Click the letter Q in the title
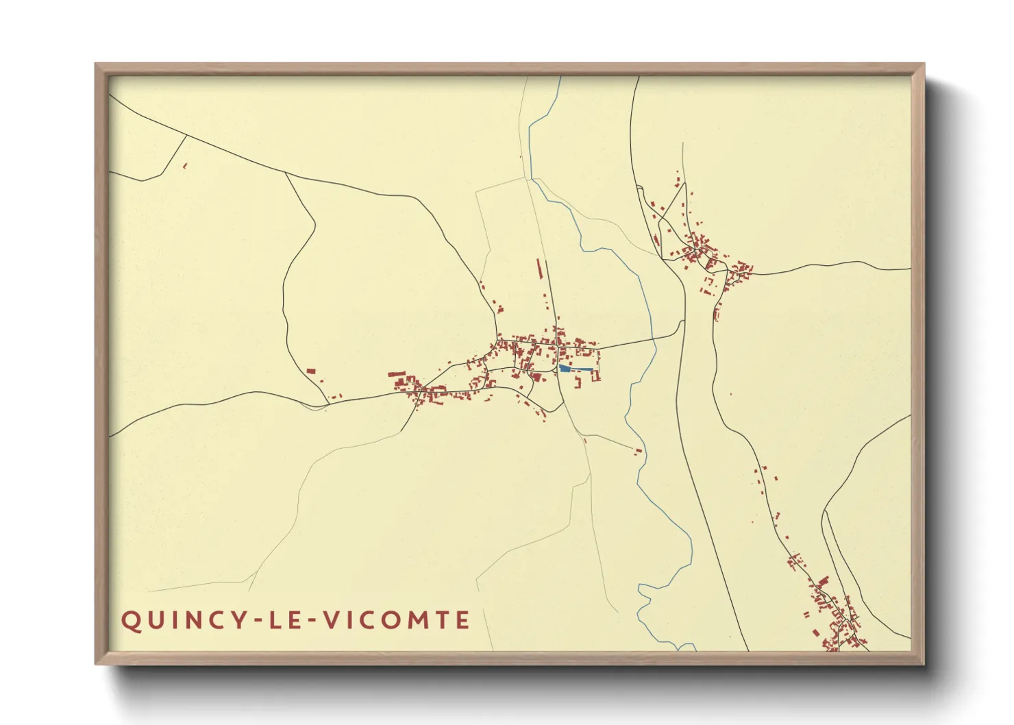[130, 621]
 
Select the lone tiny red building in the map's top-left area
[185, 165]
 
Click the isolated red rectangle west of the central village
[310, 371]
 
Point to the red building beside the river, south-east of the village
[639, 451]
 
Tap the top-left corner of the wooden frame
[96, 64]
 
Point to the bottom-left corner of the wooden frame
[96, 663]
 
